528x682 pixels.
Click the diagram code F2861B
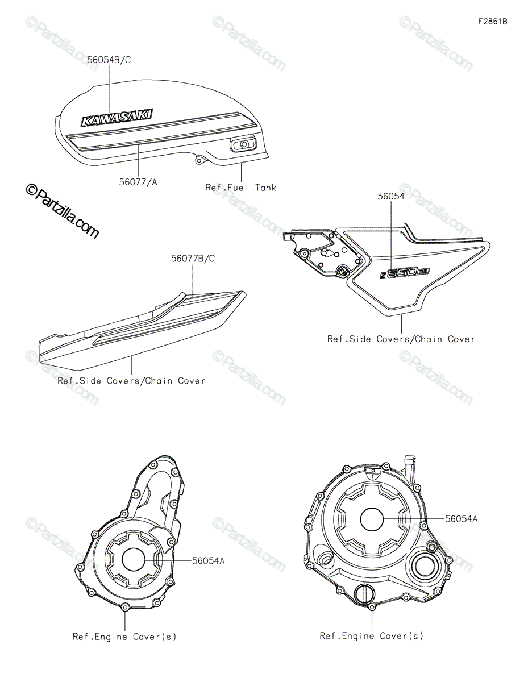click(492, 22)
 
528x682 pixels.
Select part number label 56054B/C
click(109, 60)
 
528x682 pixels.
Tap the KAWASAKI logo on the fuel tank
click(117, 117)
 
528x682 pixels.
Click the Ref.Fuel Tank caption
click(240, 187)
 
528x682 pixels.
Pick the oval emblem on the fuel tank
click(243, 145)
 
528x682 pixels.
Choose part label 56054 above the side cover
click(391, 196)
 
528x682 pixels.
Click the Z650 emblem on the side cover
click(405, 273)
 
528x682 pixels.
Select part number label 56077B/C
click(193, 258)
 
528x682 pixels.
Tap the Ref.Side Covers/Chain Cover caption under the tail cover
click(131, 381)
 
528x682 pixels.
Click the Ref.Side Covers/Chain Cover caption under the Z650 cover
click(401, 339)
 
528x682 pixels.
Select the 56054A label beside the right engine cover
click(461, 518)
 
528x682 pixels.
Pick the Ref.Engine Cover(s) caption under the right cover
click(371, 635)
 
